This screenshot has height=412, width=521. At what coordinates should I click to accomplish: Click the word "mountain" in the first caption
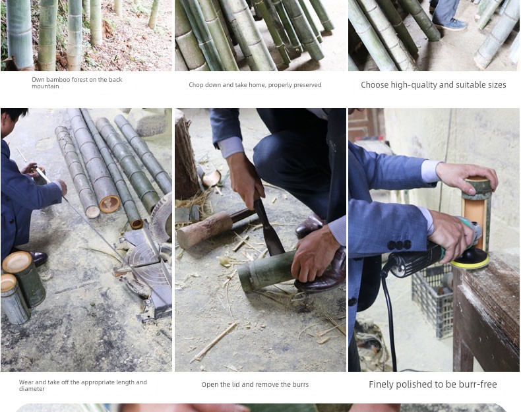pyautogui.click(x=46, y=86)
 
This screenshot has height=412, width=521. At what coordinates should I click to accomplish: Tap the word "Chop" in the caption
pyautogui.click(x=196, y=85)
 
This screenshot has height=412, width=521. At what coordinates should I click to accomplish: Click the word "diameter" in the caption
pyautogui.click(x=32, y=389)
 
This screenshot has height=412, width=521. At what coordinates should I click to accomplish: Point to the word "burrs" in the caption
pyautogui.click(x=300, y=384)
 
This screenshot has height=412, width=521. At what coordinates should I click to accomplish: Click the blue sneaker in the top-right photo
pyautogui.click(x=450, y=24)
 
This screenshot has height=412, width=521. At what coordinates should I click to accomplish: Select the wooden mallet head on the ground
pyautogui.click(x=204, y=229)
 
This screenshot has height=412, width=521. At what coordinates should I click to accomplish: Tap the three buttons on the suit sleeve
pyautogui.click(x=399, y=245)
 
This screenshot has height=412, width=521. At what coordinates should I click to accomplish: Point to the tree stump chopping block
pyautogui.click(x=186, y=156)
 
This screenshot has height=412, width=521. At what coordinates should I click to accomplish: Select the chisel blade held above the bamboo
pyautogui.click(x=269, y=229)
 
